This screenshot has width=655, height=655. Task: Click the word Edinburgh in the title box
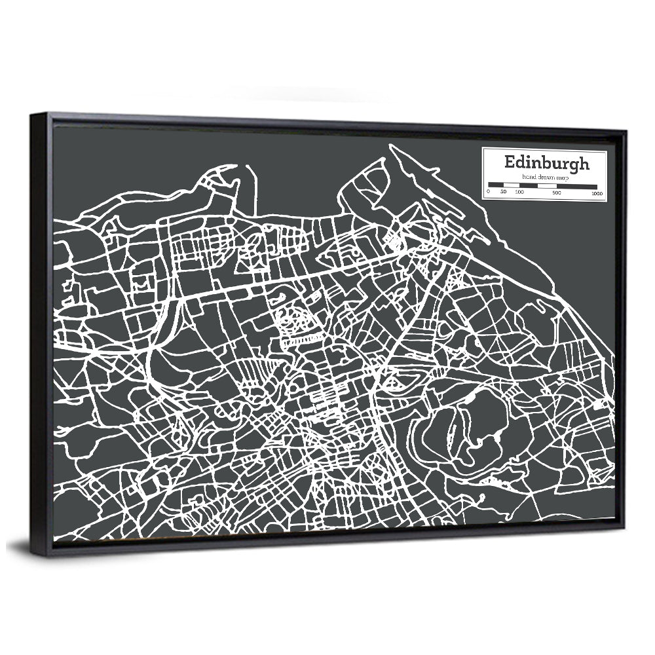[546, 162]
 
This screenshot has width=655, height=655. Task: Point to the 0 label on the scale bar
[489, 193]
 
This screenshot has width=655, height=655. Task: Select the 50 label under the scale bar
[503, 193]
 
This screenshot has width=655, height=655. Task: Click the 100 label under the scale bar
[519, 193]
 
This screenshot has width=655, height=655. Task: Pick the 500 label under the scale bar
[556, 193]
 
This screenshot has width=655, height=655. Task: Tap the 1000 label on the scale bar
[596, 193]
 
